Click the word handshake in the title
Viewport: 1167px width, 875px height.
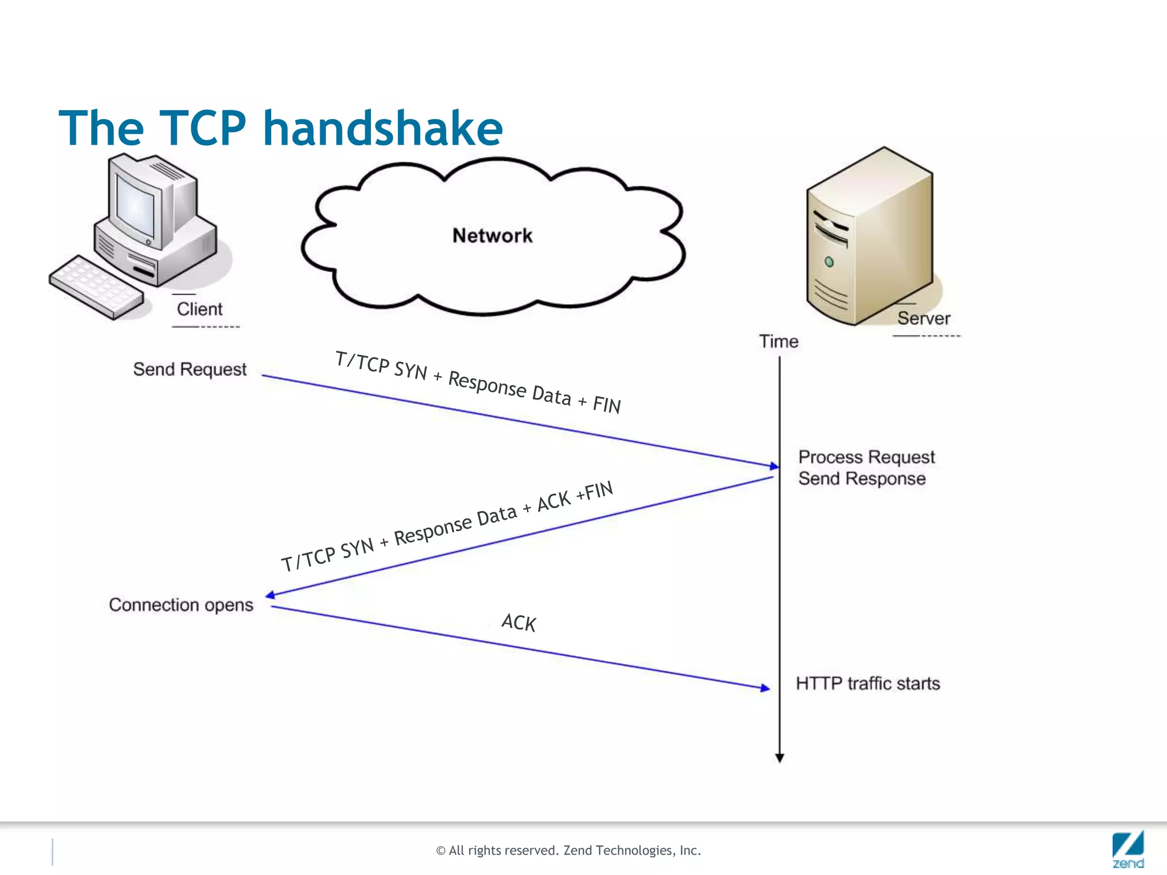383,129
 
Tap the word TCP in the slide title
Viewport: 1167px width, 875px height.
202,129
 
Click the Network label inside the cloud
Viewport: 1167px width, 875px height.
492,235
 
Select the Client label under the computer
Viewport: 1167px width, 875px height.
199,309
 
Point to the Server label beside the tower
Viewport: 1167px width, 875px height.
923,318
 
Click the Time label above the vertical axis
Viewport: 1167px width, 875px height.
778,341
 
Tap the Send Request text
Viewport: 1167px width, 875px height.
190,369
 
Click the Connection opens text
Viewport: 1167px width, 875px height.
181,604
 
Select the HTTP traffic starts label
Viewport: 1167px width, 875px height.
867,683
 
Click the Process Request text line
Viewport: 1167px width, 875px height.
866,457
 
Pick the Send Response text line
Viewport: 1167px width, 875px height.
862,479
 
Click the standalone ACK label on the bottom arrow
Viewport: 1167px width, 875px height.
519,623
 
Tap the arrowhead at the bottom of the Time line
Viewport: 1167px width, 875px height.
780,758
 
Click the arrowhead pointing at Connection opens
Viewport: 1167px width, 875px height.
271,595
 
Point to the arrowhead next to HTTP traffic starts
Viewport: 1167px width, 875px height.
765,688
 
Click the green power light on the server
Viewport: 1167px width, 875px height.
829,262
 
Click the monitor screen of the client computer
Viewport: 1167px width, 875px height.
136,208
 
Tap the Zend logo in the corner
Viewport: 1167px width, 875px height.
1128,849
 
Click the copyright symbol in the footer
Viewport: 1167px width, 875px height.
440,851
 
